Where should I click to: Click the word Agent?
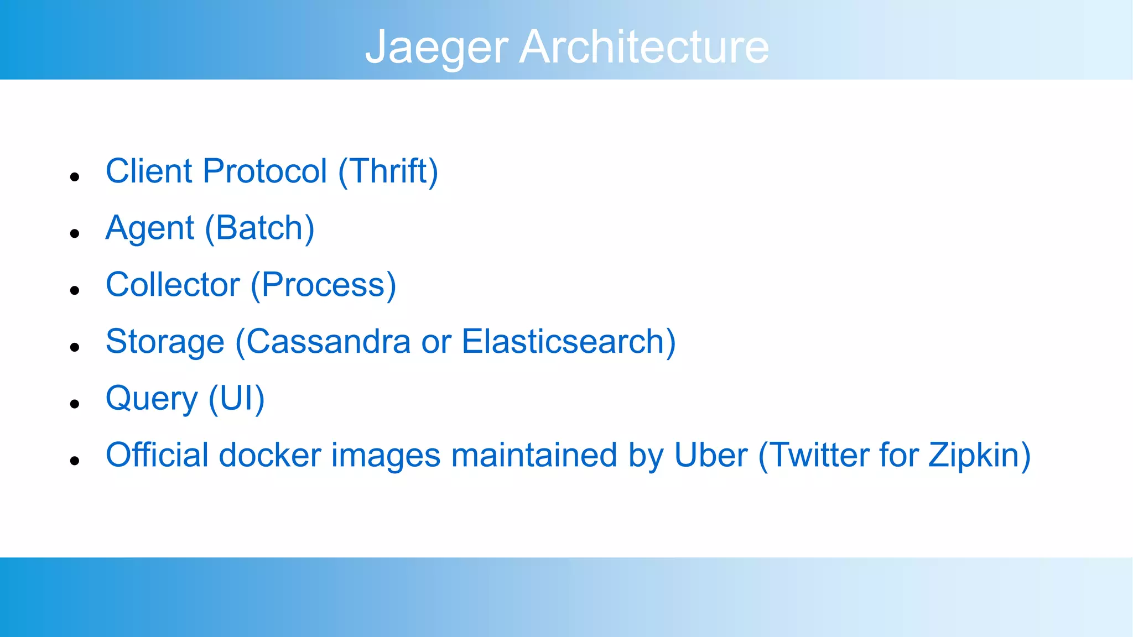tap(150, 228)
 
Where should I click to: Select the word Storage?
tap(165, 342)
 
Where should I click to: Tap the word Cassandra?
tap(328, 342)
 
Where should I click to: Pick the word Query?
tap(152, 399)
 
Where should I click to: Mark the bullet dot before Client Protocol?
tap(75, 177)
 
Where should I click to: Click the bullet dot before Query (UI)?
tap(75, 404)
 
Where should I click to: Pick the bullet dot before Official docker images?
tap(75, 461)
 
